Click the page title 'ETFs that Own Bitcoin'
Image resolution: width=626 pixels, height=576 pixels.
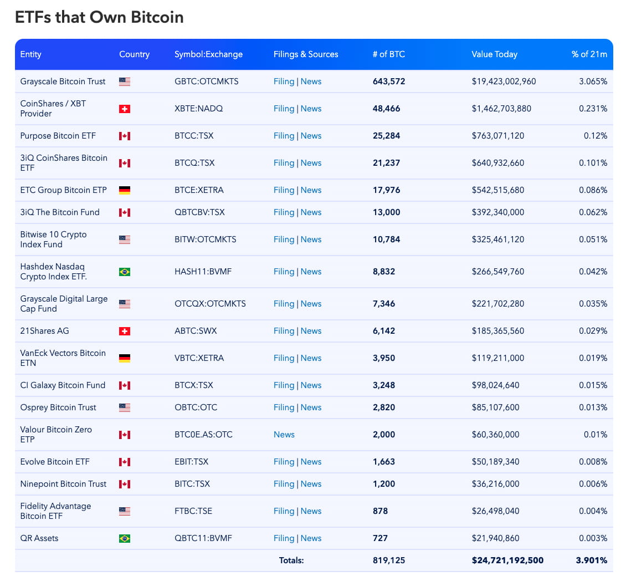point(99,17)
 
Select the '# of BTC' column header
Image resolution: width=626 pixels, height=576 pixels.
point(388,54)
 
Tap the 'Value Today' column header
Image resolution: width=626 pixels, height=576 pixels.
point(494,54)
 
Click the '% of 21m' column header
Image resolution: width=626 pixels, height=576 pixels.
point(589,54)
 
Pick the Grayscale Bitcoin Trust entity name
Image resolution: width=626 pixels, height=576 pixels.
point(63,81)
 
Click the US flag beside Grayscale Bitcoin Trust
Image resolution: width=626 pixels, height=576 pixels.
point(125,81)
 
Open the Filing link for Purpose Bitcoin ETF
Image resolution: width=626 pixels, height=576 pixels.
point(284,136)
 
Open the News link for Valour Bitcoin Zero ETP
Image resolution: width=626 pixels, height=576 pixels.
point(284,435)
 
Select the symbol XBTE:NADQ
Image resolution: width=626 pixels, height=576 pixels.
point(198,109)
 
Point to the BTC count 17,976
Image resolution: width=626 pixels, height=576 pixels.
point(386,190)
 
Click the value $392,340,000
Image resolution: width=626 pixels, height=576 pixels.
point(498,212)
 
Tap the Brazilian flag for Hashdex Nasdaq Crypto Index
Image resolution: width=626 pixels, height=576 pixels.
point(125,272)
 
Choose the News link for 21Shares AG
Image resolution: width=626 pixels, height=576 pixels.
point(311,331)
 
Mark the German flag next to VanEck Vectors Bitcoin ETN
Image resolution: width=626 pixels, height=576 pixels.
point(125,358)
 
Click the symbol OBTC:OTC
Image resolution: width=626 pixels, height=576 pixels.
point(196,407)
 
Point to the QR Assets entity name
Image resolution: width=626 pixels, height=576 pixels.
point(39,538)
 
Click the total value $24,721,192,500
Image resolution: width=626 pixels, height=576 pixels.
point(507,560)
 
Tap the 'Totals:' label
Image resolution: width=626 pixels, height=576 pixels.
point(291,560)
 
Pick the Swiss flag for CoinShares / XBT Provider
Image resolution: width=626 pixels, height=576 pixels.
point(125,109)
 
